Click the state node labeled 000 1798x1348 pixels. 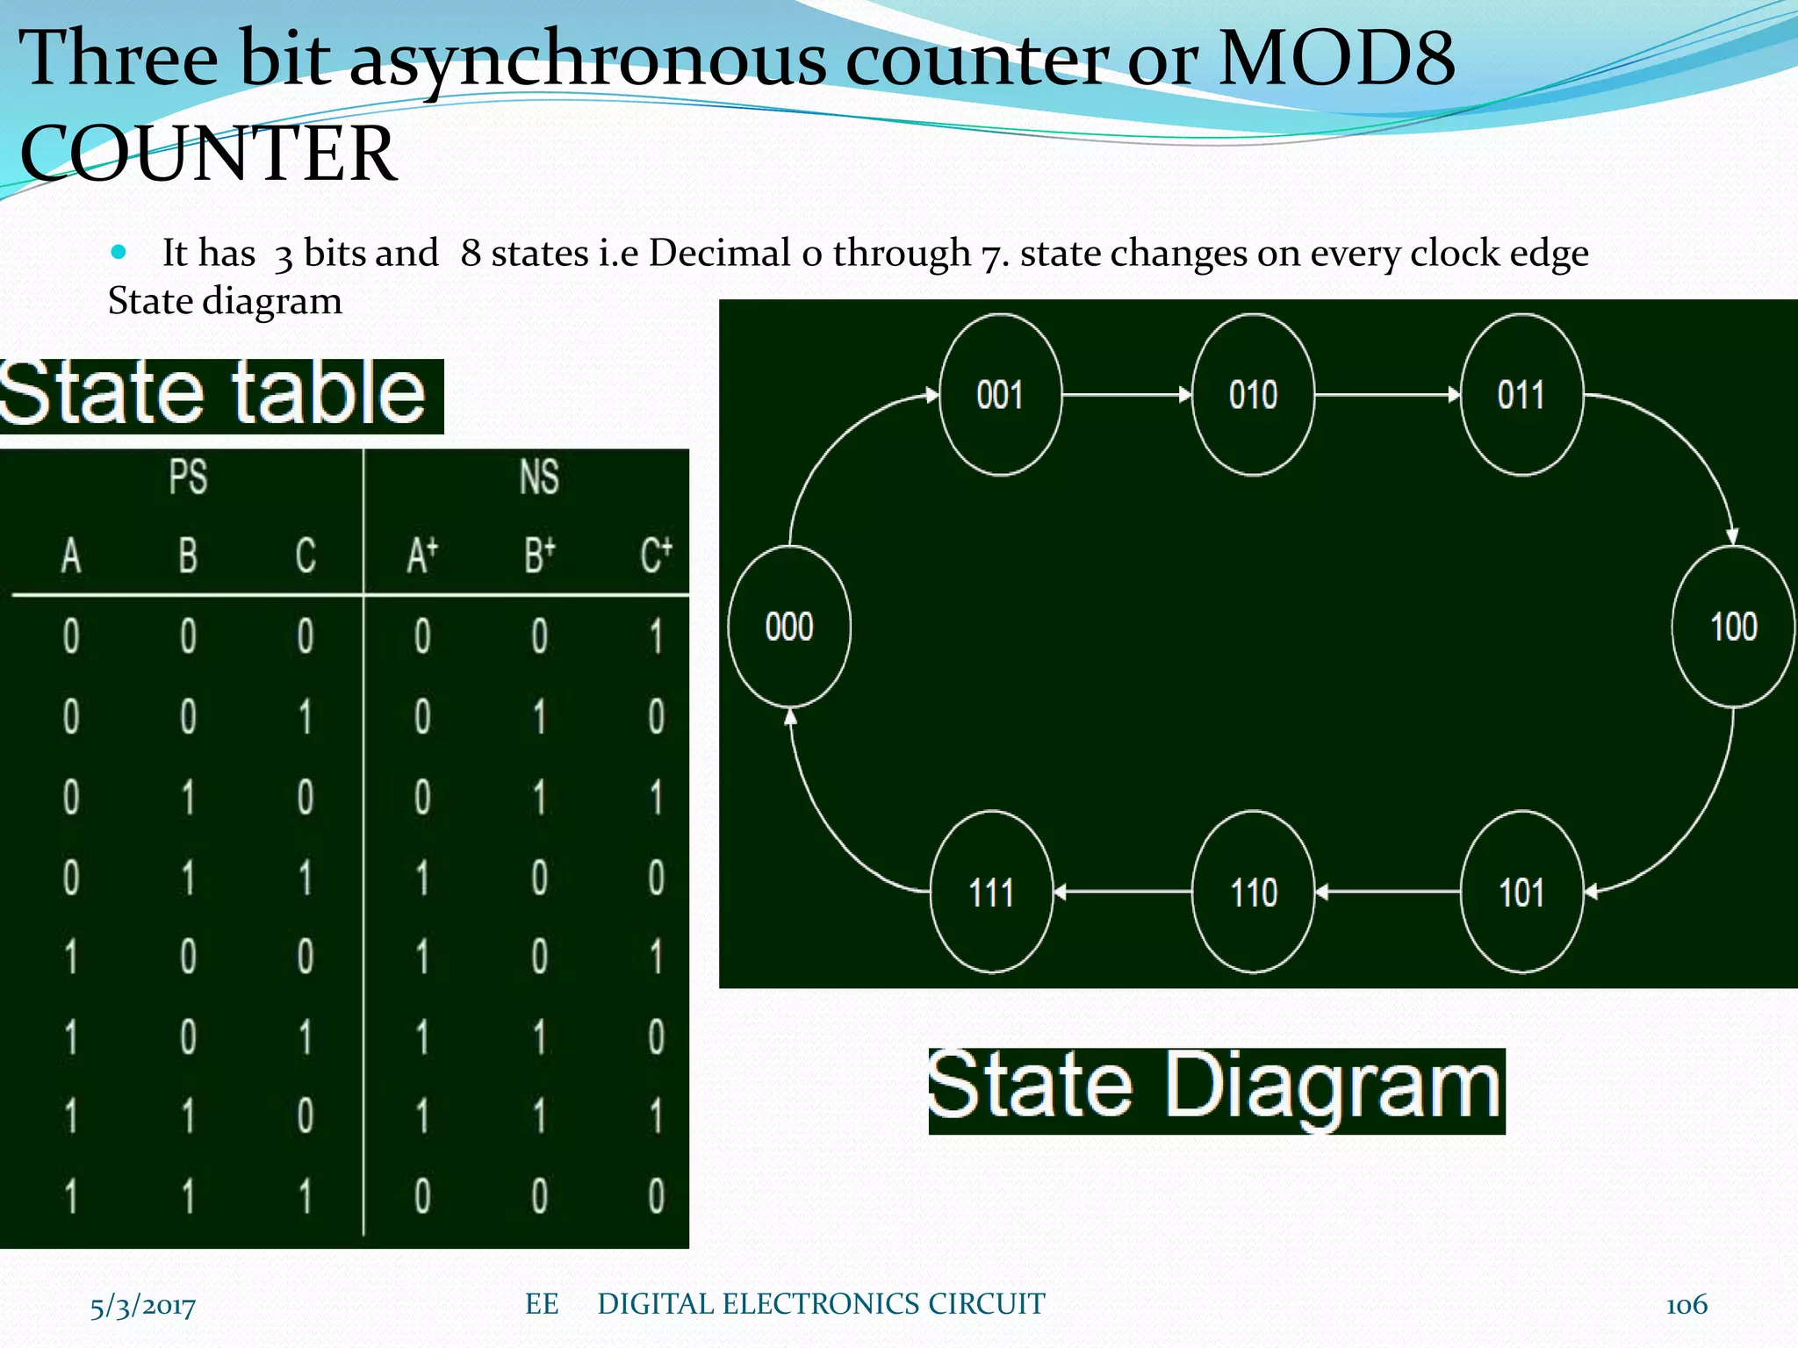789,627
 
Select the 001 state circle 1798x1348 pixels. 1000,395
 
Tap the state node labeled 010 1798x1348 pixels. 1253,395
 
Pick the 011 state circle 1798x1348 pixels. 1521,395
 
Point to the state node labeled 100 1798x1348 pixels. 1733,627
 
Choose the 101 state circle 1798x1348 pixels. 1521,893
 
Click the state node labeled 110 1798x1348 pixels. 1253,893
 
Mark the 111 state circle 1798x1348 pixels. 992,893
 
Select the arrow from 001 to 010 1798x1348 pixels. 1126,395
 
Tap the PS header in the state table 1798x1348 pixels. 188,477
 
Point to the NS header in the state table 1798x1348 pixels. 539,477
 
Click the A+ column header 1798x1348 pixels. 422,555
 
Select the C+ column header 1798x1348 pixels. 656,555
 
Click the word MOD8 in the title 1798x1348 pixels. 1336,58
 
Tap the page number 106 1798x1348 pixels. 1687,1305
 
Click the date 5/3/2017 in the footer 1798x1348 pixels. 143,1306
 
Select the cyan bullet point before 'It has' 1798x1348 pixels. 119,253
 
